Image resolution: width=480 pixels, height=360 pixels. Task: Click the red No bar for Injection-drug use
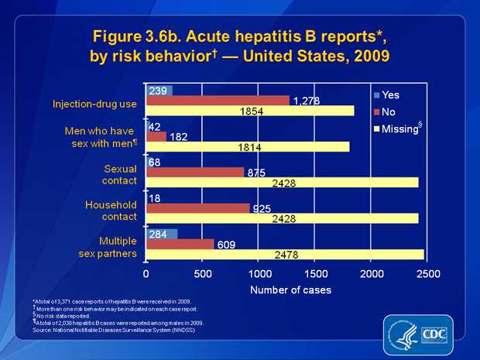[x=218, y=101]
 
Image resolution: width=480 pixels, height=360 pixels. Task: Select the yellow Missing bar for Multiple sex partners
[x=285, y=255]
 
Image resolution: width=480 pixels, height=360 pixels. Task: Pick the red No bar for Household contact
[x=198, y=208]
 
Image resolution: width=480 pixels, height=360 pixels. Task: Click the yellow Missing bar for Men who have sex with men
[x=248, y=147]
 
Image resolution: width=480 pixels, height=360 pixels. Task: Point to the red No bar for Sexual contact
[x=195, y=172]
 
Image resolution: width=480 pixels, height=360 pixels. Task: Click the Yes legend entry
[x=386, y=95]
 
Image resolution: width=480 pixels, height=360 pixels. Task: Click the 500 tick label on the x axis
[x=203, y=274]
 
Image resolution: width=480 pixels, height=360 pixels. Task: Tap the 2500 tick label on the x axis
[x=428, y=274]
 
